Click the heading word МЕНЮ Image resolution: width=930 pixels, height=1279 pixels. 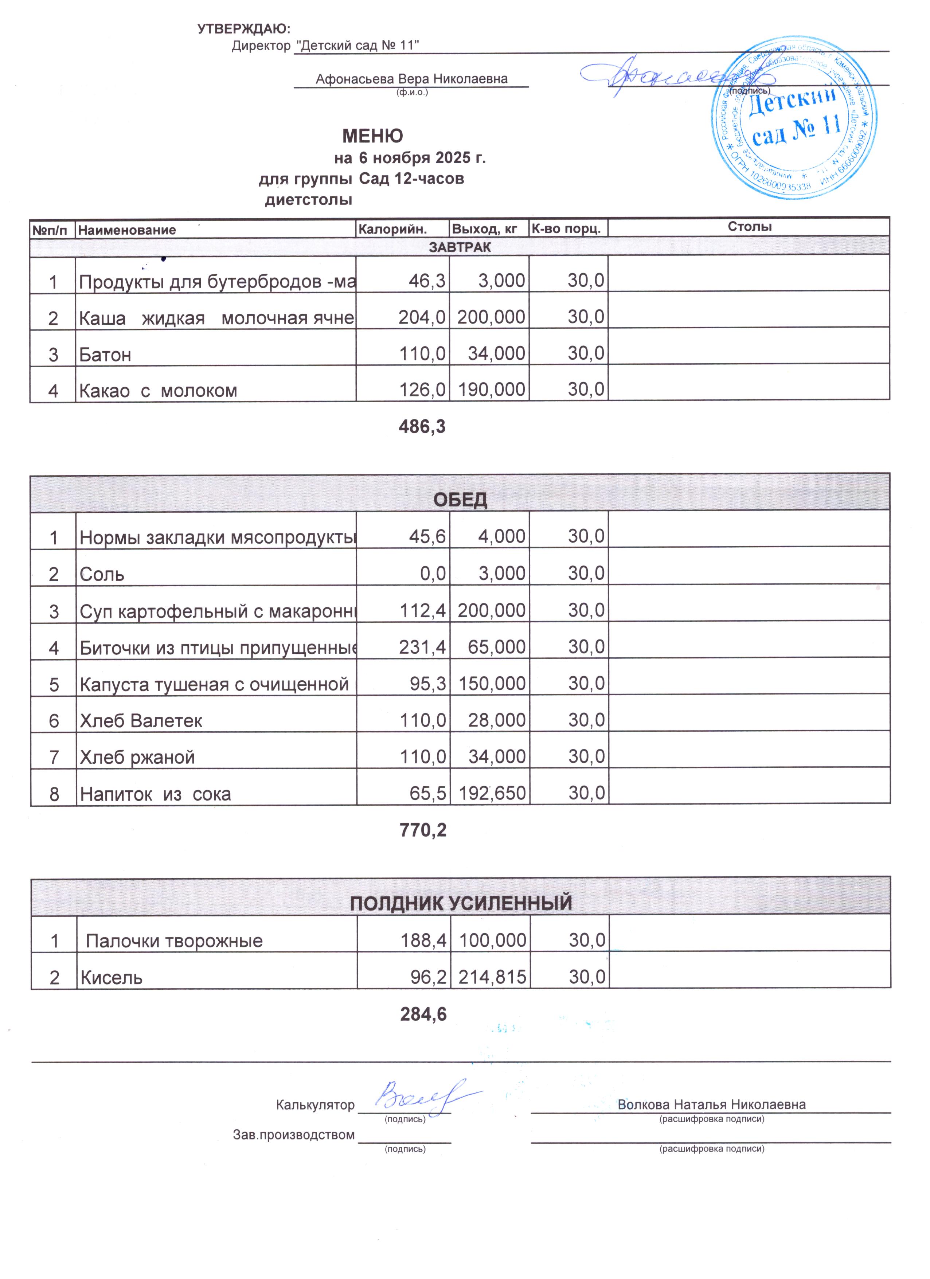click(373, 136)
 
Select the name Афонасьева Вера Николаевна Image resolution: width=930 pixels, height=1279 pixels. click(411, 79)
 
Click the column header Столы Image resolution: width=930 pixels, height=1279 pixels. click(749, 227)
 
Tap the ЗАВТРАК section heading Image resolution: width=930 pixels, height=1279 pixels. click(460, 247)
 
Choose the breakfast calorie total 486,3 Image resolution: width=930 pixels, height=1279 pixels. click(422, 427)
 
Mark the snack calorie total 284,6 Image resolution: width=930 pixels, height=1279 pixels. click(423, 1014)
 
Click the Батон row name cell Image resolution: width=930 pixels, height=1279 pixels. click(105, 355)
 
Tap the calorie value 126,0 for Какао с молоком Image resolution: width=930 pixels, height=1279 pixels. click(422, 390)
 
